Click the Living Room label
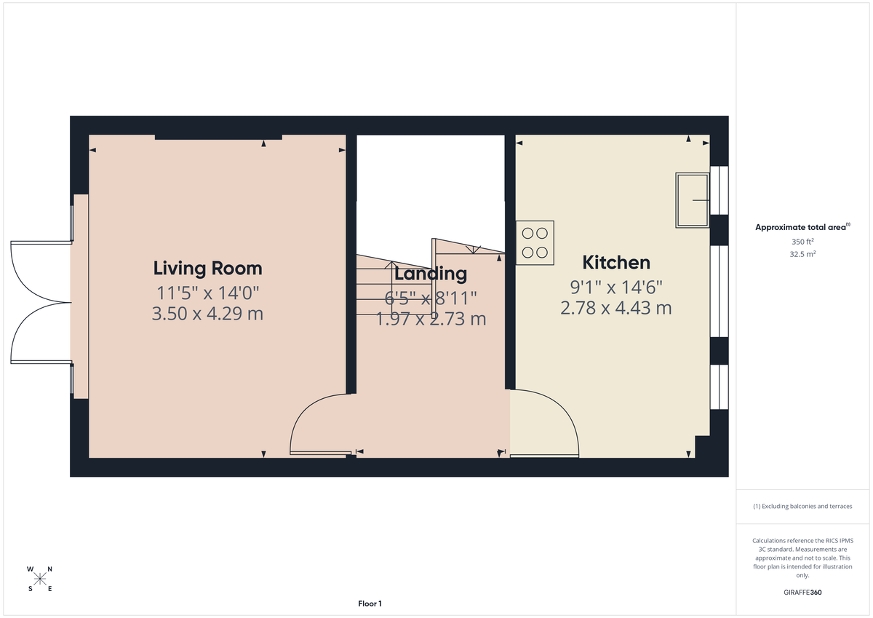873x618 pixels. coord(207,268)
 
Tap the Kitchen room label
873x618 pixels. coord(615,262)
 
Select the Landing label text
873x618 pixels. coord(430,274)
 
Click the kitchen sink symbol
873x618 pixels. coord(693,199)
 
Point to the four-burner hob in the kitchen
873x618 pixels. coord(535,242)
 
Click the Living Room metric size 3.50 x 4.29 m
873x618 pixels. coord(207,314)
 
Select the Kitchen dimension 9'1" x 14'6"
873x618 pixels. coord(615,287)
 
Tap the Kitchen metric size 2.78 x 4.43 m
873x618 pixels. coord(615,308)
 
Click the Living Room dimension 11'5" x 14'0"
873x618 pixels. coord(207,293)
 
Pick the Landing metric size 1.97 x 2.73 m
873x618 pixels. coord(430,319)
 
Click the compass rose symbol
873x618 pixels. coord(40,579)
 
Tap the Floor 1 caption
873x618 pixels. coord(370,603)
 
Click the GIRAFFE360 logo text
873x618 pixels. coord(802,593)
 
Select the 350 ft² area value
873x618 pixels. coord(802,242)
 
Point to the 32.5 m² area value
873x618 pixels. coord(802,254)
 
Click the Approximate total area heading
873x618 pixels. coord(802,227)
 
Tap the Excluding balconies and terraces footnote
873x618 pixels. coord(802,506)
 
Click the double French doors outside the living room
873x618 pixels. coord(40,302)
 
